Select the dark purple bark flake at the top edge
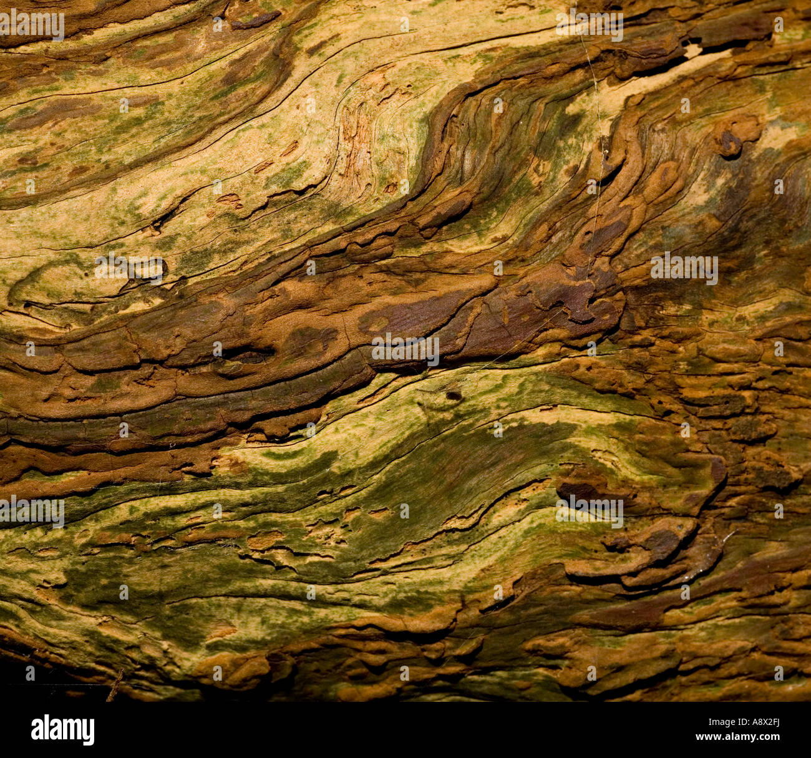point(256,20)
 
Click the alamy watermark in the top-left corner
point(31,25)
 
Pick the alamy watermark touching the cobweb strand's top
point(589,25)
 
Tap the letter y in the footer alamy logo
point(88,731)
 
